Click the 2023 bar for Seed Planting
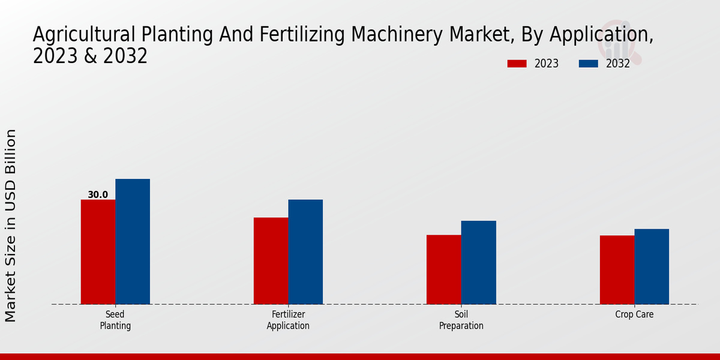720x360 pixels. tap(98, 252)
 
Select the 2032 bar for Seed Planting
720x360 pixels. tap(133, 242)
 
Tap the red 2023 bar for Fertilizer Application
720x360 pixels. tap(271, 261)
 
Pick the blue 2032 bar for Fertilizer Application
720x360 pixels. tap(305, 252)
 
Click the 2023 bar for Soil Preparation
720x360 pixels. tap(443, 269)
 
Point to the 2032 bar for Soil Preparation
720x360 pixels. tap(478, 263)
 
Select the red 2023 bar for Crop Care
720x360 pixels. tap(617, 270)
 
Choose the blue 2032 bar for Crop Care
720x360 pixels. tap(652, 266)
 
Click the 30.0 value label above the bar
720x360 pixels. tap(98, 194)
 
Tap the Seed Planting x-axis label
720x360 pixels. tap(115, 320)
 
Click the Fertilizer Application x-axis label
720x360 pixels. tap(288, 320)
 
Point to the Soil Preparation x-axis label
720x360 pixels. tap(461, 320)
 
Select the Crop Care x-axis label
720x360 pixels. tap(634, 314)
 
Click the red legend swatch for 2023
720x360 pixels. tap(517, 64)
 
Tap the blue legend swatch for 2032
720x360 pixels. tap(589, 64)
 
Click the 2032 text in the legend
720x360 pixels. tap(617, 64)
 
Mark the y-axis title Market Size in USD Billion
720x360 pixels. tap(11, 225)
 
